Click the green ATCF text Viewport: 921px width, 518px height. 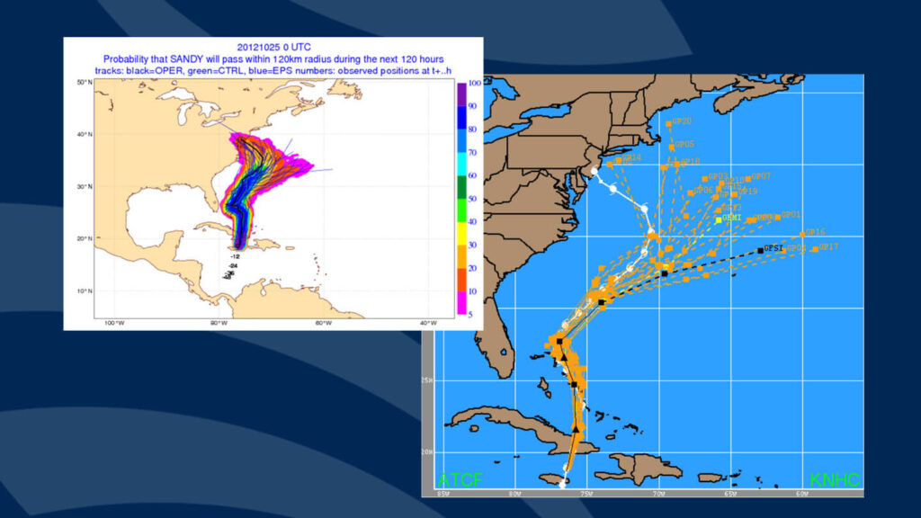pos(460,480)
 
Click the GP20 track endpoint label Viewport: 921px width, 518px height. pos(682,121)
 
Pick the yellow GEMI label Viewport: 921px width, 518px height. pos(732,219)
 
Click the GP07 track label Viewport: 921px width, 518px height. pos(761,177)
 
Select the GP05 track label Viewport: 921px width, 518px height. pos(684,145)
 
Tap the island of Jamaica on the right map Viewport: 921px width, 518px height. pos(550,478)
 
